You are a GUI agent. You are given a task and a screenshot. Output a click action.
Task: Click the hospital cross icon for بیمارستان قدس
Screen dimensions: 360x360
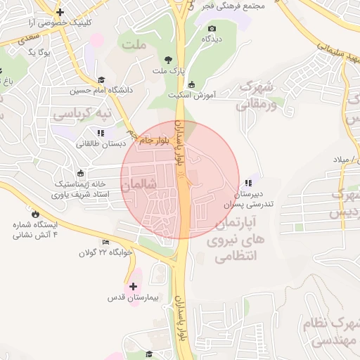[x=133, y=286]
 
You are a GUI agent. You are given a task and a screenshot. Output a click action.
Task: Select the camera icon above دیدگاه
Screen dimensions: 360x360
[x=212, y=28]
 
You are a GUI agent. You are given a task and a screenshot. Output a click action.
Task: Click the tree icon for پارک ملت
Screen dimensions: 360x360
[x=167, y=60]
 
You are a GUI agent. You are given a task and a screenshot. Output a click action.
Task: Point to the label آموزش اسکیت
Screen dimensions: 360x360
[x=191, y=94]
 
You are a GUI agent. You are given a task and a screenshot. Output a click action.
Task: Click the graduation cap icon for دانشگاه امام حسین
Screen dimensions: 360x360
[x=101, y=79]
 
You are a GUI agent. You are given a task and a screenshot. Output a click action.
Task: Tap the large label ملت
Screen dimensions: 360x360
[x=136, y=46]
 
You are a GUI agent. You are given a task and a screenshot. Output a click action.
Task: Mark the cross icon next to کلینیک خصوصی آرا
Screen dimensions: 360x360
[x=60, y=12]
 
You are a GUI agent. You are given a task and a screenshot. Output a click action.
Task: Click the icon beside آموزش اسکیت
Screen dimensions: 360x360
[x=172, y=85]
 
